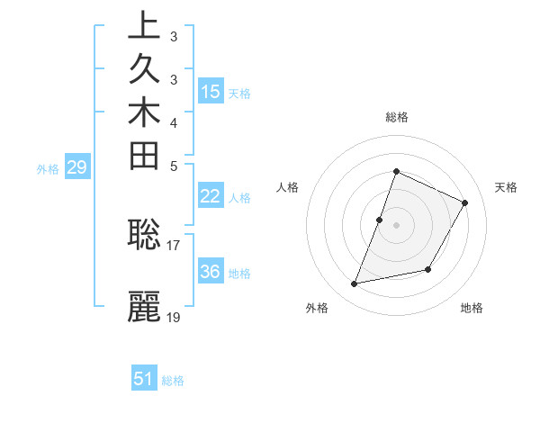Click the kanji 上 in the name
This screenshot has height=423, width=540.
(145, 26)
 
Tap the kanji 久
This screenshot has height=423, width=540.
(145, 70)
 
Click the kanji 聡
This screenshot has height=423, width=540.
(145, 234)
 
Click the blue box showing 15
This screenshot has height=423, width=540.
(211, 91)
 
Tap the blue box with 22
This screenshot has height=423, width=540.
(211, 197)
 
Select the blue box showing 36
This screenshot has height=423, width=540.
(211, 272)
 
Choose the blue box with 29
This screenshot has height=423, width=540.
(77, 166)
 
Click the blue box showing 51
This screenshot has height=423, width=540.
(144, 379)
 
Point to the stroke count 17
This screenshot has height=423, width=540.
(174, 244)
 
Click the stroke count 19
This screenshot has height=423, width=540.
(174, 317)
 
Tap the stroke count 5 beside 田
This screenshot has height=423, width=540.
(173, 166)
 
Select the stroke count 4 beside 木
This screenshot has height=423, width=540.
(173, 122)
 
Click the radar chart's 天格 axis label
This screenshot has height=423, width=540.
(506, 187)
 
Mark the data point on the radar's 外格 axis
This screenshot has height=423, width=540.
(355, 284)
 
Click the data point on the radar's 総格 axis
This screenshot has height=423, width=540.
(396, 172)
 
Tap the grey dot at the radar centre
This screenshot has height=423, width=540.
(396, 224)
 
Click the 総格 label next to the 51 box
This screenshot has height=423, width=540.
(173, 381)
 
